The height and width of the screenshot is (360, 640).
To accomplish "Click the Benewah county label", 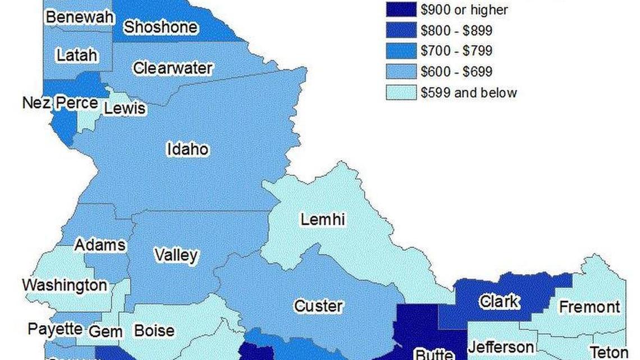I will click(79, 17).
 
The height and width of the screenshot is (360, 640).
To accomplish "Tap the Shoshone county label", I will click(160, 26).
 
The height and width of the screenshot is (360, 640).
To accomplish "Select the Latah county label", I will click(77, 55).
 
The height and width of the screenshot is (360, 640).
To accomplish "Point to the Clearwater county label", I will click(172, 69).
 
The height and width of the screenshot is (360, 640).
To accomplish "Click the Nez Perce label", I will click(60, 103).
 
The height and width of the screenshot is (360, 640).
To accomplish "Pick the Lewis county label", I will click(124, 108).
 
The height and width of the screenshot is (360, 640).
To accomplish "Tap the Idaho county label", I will click(188, 149).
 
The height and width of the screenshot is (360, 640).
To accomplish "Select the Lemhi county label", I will click(323, 219).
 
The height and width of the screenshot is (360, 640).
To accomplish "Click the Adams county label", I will click(100, 245).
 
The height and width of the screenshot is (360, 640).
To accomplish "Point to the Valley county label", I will click(176, 255).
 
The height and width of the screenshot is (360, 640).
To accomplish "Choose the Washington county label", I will click(65, 285).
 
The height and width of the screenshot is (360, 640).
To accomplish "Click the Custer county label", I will click(318, 306).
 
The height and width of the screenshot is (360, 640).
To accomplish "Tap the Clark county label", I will click(499, 302).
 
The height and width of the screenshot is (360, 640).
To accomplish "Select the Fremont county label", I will click(589, 307).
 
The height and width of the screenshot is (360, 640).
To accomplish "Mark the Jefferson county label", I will click(501, 347).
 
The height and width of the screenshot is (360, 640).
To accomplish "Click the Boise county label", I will click(154, 330).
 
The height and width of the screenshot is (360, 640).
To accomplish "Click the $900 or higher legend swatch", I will click(401, 10).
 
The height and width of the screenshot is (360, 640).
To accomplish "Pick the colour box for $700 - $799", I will click(401, 51).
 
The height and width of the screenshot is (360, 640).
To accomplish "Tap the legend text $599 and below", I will click(469, 92).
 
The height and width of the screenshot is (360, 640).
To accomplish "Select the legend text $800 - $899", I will click(456, 30).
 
